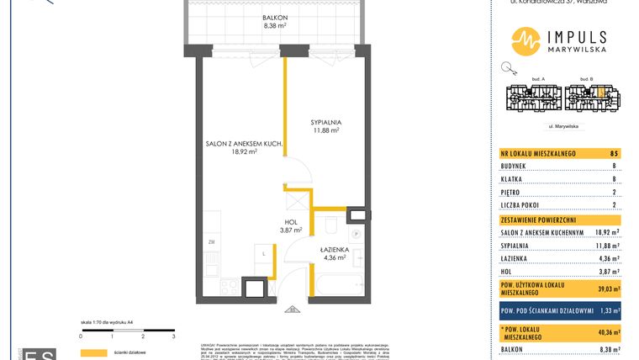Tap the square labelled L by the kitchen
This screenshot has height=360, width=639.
pyautogui.click(x=264, y=252)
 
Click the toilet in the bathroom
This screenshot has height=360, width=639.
pyautogui.click(x=330, y=225)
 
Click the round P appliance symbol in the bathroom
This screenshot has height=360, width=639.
pyautogui.click(x=356, y=233)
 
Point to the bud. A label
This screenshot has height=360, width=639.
pyautogui.click(x=539, y=79)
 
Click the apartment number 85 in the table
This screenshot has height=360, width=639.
pyautogui.click(x=615, y=152)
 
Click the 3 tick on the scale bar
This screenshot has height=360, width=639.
pyautogui.click(x=172, y=336)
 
